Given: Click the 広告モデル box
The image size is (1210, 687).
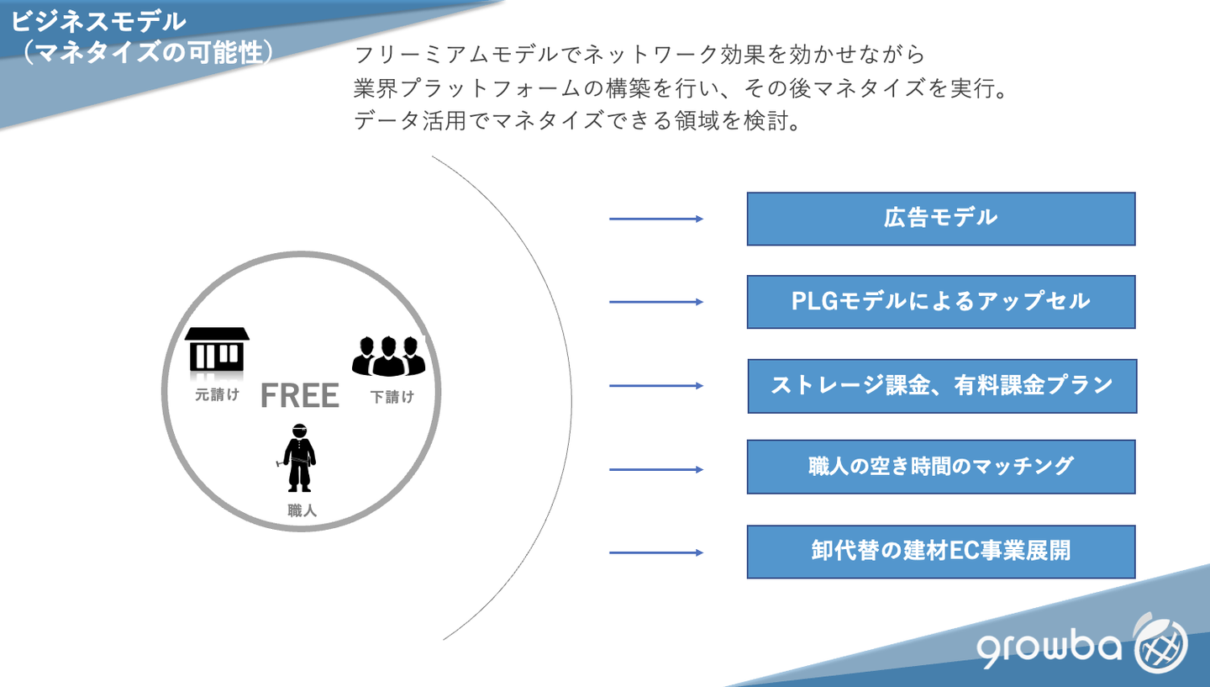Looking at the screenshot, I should pyautogui.click(x=940, y=219).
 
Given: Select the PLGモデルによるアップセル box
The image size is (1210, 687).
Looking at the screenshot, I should pyautogui.click(x=940, y=302).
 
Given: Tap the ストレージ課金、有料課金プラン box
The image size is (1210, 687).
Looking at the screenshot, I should pyautogui.click(x=941, y=386).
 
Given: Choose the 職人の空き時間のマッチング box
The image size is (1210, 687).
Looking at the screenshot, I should pyautogui.click(x=940, y=467).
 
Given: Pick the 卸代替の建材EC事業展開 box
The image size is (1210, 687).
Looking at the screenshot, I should pyautogui.click(x=940, y=552).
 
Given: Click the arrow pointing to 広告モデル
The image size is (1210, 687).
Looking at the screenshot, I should pyautogui.click(x=655, y=219).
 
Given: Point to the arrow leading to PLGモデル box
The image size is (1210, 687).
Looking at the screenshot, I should pyautogui.click(x=655, y=302).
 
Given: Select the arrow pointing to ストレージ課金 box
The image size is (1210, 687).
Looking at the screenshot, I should pyautogui.click(x=655, y=386).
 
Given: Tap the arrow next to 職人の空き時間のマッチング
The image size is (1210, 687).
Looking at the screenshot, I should pyautogui.click(x=655, y=469).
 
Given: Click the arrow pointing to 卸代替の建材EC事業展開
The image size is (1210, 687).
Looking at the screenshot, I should pyautogui.click(x=655, y=552).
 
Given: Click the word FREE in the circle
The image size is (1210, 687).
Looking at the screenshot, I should pyautogui.click(x=300, y=395).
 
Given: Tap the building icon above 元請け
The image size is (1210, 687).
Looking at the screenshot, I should pyautogui.click(x=217, y=349).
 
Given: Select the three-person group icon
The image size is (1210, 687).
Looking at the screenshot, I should pyautogui.click(x=388, y=357).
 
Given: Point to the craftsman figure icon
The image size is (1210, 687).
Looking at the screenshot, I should pyautogui.click(x=299, y=458).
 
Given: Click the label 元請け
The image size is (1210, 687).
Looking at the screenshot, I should pyautogui.click(x=217, y=394).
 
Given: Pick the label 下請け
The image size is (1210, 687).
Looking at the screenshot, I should pyautogui.click(x=392, y=397).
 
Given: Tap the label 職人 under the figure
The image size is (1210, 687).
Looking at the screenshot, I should pyautogui.click(x=302, y=510).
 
